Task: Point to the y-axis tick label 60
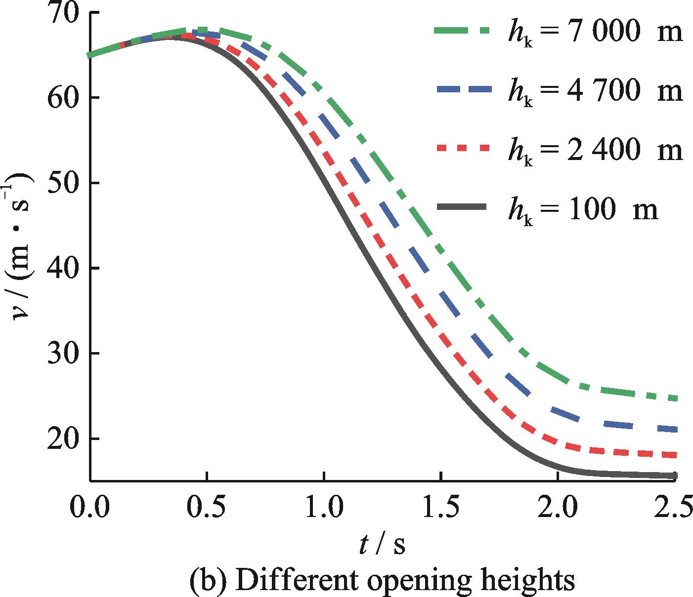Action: [x=64, y=98]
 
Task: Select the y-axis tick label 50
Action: [x=64, y=183]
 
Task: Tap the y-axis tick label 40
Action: [x=64, y=268]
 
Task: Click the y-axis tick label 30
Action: [x=64, y=354]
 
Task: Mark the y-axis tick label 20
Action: [x=64, y=438]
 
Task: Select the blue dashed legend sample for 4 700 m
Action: [x=465, y=90]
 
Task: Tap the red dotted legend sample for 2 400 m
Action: [x=465, y=148]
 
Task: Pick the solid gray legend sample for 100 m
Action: [x=465, y=207]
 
